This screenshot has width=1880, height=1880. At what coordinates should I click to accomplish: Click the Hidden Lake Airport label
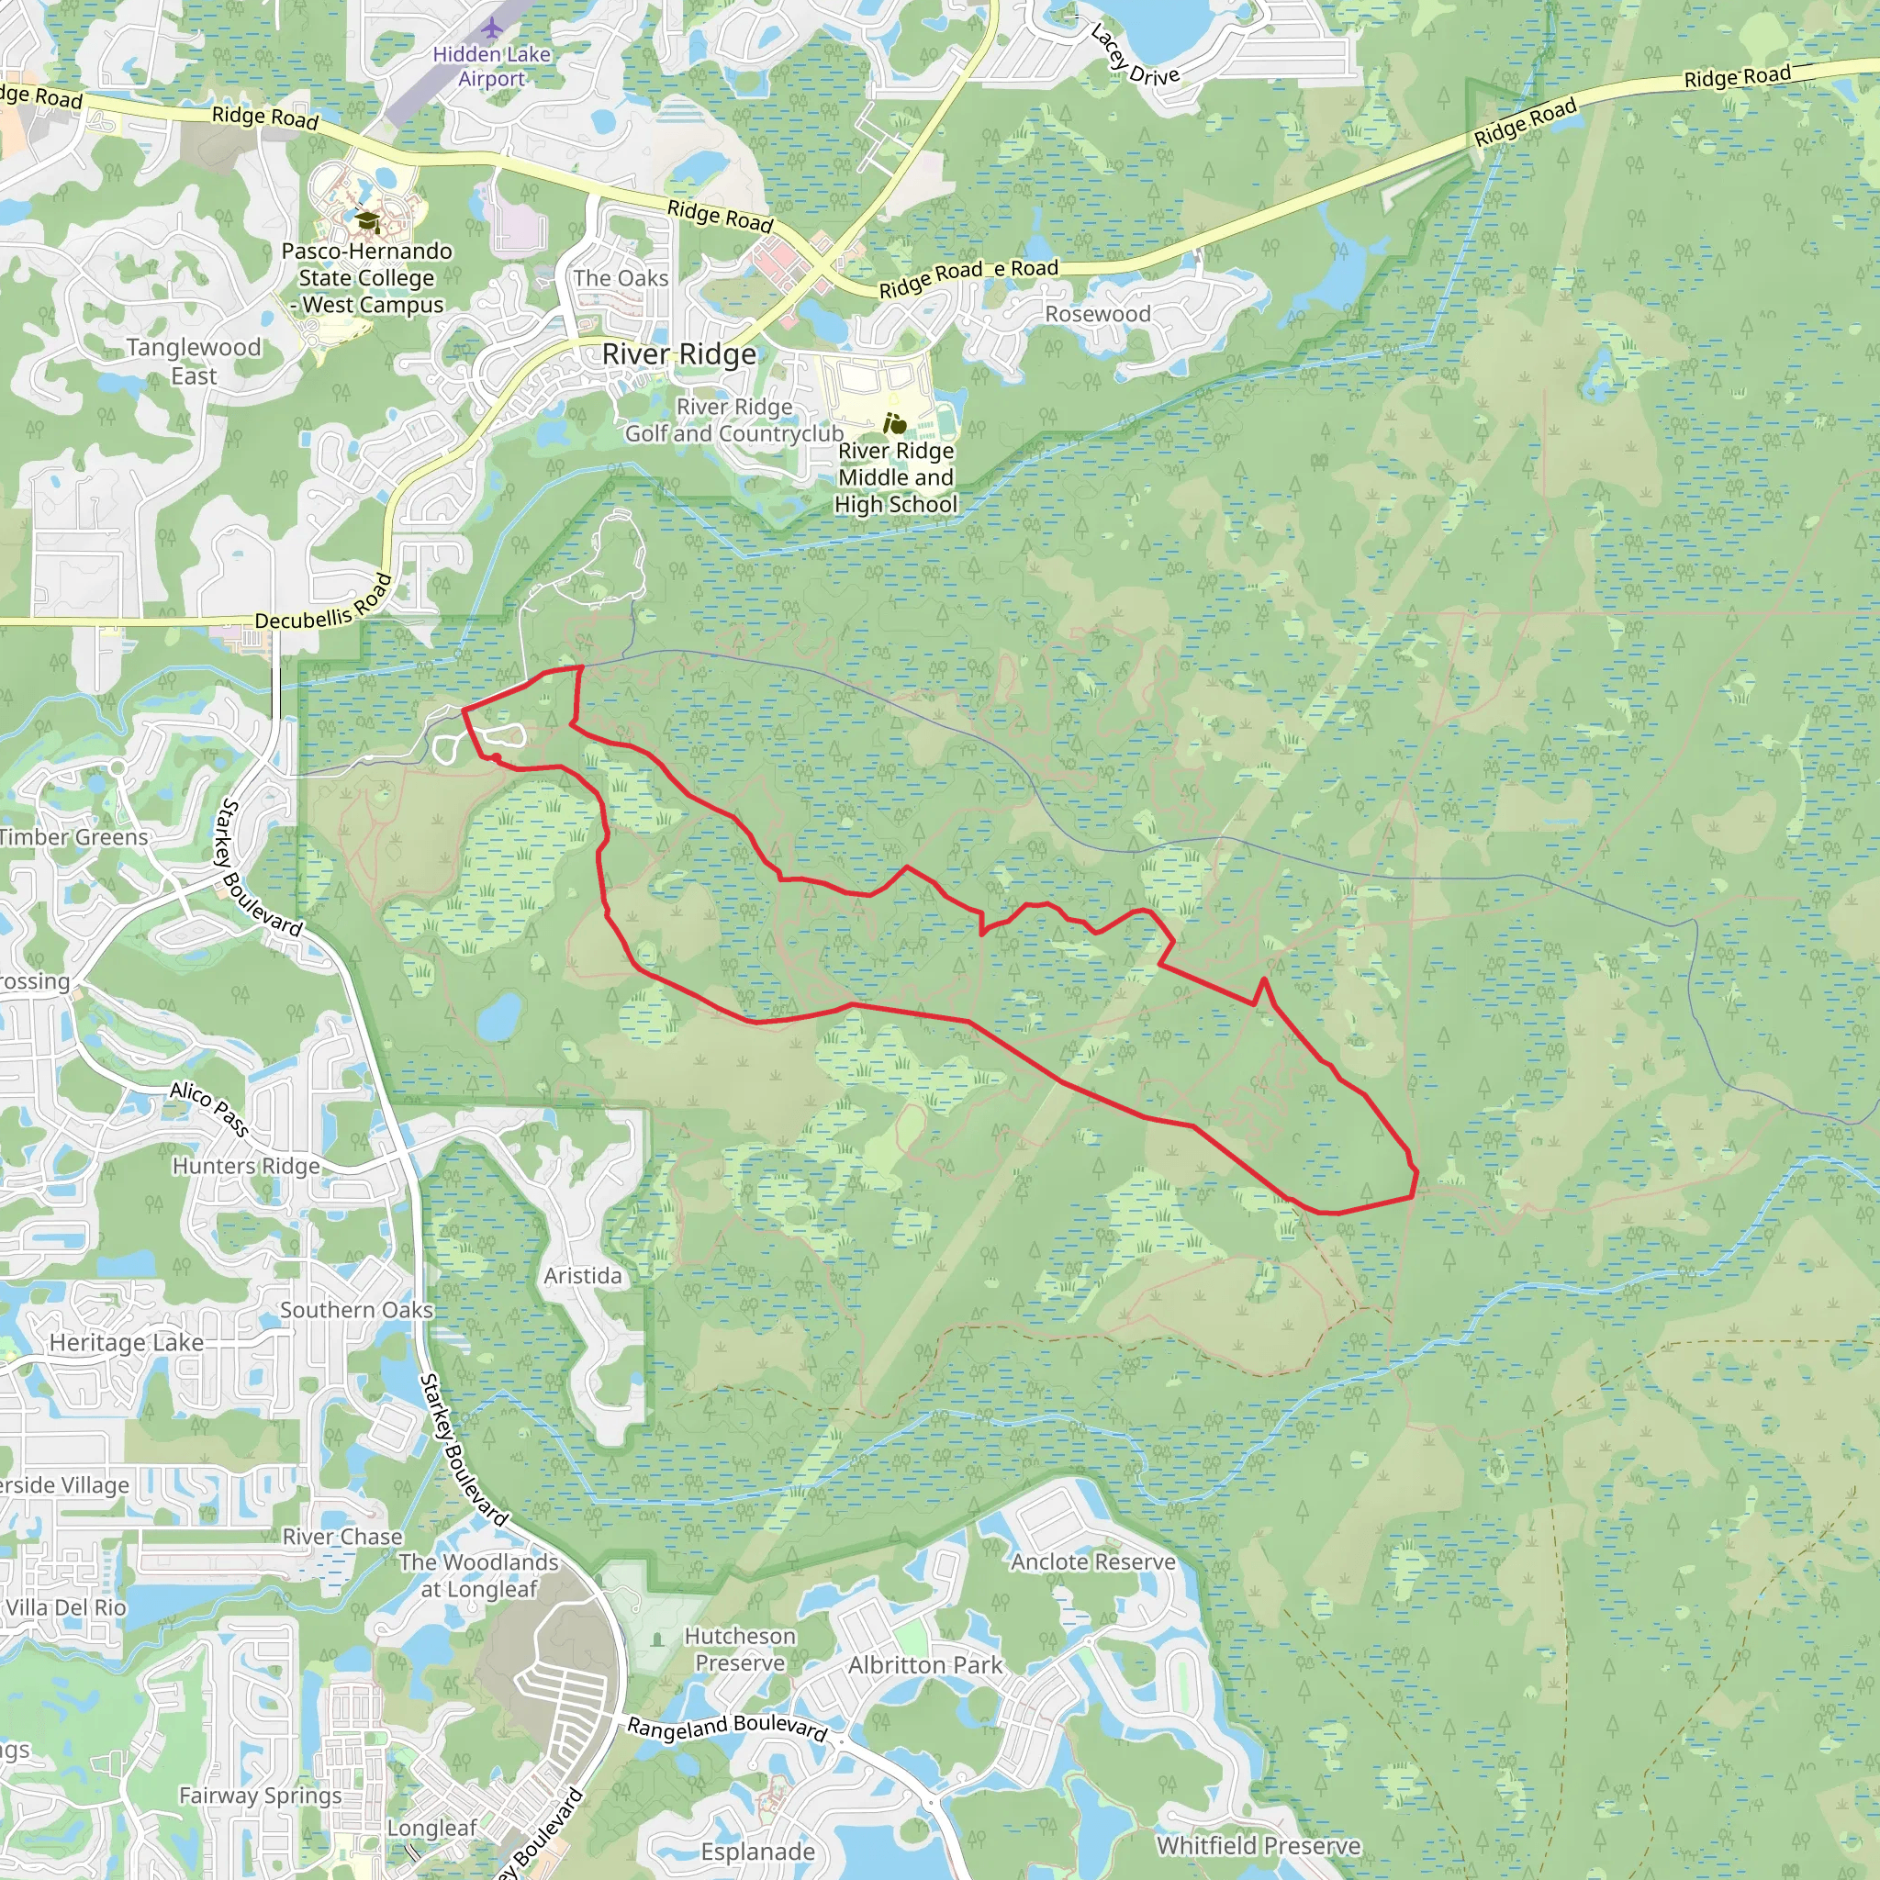point(491,66)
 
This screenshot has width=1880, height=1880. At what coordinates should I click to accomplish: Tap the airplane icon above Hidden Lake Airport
point(493,27)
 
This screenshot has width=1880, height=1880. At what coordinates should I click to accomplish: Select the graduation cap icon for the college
point(367,222)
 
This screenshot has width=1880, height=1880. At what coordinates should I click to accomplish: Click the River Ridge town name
point(678,354)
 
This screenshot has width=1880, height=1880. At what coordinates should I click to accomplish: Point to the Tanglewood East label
point(194,361)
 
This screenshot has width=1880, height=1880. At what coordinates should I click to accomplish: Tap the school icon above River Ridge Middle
point(894,423)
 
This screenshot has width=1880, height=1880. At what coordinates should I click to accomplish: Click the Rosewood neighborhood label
point(1098,313)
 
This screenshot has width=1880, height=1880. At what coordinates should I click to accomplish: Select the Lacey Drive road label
point(1134,56)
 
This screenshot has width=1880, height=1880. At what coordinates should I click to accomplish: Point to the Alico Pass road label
point(209,1107)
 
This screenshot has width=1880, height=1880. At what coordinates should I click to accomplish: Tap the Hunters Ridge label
point(246,1166)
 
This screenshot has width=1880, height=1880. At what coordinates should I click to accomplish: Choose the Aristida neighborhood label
point(583,1275)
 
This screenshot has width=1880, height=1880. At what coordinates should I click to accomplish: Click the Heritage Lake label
point(127,1343)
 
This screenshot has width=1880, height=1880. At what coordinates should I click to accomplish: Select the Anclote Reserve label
point(1092,1561)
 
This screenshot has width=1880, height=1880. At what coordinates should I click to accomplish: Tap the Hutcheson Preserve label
point(741,1650)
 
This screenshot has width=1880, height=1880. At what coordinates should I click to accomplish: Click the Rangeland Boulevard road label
point(727,1729)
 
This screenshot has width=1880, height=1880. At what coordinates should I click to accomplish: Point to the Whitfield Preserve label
point(1259,1846)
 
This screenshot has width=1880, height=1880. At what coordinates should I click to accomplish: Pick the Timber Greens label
point(74,837)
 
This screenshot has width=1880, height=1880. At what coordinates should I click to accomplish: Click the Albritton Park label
point(924,1665)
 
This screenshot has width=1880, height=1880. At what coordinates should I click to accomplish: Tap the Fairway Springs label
point(260,1796)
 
